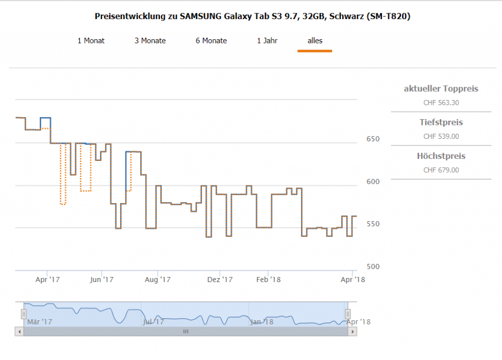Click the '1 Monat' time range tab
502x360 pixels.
coord(91,41)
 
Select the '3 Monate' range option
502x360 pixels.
coord(150,41)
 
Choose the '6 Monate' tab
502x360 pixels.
coord(211,41)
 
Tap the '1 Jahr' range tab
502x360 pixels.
coord(267,41)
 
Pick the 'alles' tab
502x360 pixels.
coord(315,41)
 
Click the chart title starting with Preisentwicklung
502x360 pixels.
coord(252,17)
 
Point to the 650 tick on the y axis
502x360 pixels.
coord(373,139)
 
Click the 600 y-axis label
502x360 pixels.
coord(373,181)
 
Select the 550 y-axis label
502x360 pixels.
coord(373,224)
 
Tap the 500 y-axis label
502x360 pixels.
coord(373,267)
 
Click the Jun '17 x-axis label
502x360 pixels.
coord(102,280)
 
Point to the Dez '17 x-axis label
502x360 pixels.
coord(220,280)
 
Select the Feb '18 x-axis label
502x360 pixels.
coord(269,280)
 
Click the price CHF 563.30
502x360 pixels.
coord(441,103)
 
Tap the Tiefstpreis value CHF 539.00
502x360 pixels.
coord(441,136)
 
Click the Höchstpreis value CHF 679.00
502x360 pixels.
coord(441,170)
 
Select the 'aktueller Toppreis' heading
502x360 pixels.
coord(441,89)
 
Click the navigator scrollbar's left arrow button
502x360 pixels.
coord(19,332)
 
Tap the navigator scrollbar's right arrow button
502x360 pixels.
coord(352,332)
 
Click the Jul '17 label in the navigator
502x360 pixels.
coord(153,322)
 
